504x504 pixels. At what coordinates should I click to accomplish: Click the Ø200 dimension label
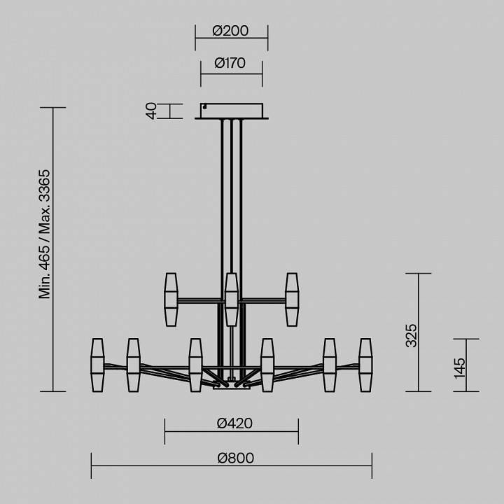(231, 31)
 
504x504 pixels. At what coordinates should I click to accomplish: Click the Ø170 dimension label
(231, 63)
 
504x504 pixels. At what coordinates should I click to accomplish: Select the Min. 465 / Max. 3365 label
(45, 233)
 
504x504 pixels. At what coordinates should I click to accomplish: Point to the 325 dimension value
(412, 335)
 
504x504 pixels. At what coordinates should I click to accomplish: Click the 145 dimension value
(459, 367)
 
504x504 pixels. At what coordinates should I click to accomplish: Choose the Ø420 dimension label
(234, 423)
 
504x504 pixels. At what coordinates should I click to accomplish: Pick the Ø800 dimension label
(234, 458)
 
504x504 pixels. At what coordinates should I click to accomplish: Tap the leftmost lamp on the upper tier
(171, 299)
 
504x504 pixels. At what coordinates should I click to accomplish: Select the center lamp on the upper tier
(232, 299)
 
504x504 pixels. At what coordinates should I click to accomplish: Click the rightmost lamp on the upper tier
(292, 299)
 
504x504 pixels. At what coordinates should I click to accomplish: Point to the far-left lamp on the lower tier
(97, 365)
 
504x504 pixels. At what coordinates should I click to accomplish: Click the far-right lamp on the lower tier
(365, 365)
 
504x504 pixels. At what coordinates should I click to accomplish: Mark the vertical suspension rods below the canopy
(232, 196)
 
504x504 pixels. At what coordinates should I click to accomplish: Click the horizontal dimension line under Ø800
(231, 468)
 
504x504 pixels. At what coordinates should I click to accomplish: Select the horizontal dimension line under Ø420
(231, 432)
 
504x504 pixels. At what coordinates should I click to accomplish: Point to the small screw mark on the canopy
(204, 107)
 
